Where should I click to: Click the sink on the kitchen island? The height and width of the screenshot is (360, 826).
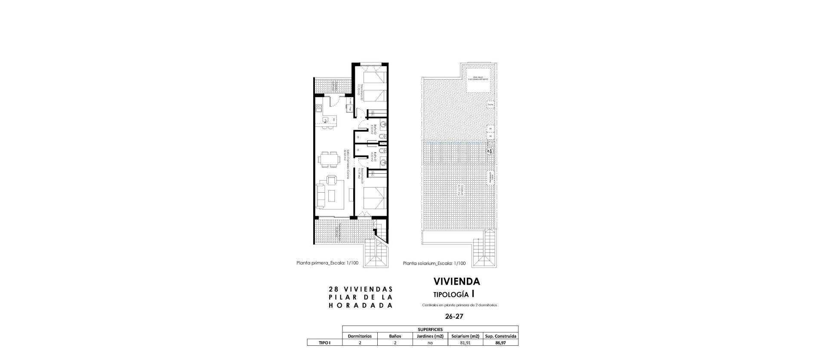coord(325,120)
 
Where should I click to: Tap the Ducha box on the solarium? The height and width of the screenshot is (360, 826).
coord(490,105)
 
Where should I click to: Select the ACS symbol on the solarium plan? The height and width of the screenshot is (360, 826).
coord(489,151)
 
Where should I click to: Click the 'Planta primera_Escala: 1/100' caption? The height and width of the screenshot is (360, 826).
coord(327,263)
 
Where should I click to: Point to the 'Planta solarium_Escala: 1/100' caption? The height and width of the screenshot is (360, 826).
coord(434,264)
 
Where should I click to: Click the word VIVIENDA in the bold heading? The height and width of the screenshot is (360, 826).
coord(456,282)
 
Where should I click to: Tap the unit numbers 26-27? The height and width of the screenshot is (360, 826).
coord(454,316)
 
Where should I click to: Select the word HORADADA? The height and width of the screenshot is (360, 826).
coord(361,305)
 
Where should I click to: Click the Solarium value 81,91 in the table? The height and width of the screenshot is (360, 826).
coord(465,343)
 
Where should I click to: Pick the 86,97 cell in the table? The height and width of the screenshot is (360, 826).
coord(501,343)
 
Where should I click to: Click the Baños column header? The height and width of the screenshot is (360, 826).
coord(395,336)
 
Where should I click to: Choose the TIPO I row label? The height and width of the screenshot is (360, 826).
coord(324,343)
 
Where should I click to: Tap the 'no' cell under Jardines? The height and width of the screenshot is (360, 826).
coord(430,343)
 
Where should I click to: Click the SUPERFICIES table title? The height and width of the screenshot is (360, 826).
coord(430,329)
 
